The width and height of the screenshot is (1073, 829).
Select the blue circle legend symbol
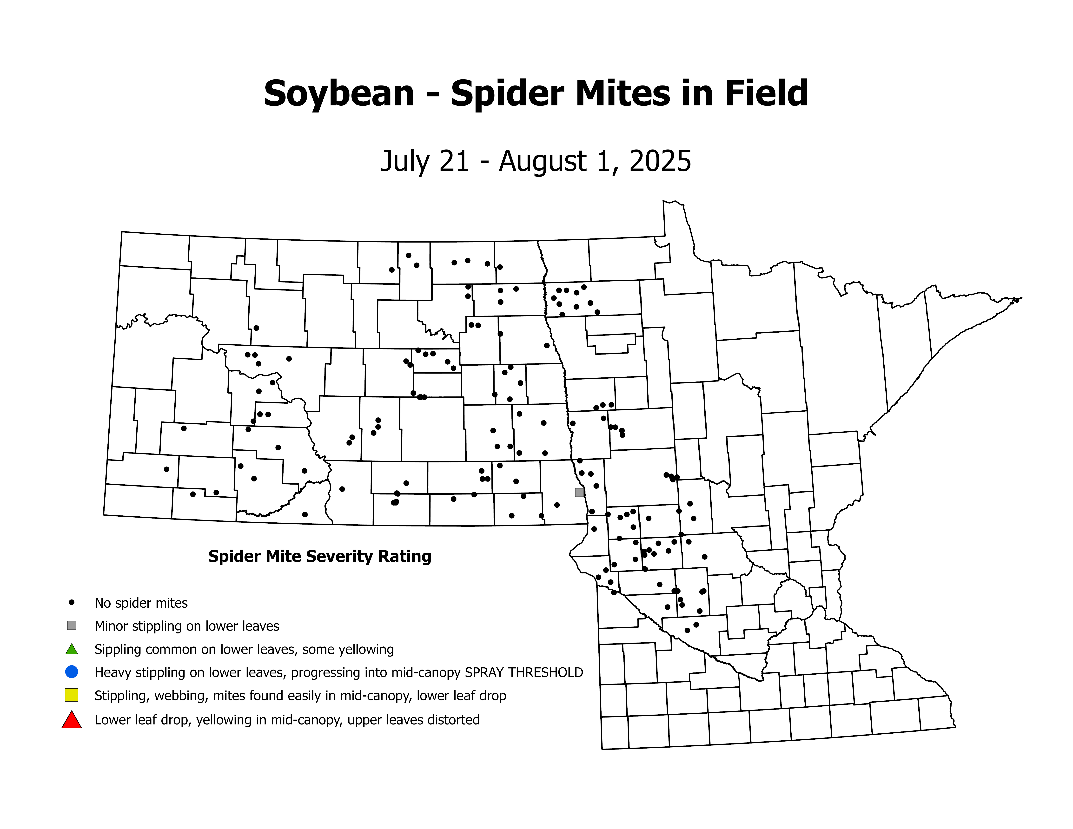[x=72, y=671]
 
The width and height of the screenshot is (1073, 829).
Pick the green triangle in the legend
[x=72, y=649]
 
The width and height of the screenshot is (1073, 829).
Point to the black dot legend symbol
[x=72, y=602]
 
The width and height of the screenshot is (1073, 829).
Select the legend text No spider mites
[x=141, y=603]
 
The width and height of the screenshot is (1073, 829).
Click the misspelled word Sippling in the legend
[x=117, y=650]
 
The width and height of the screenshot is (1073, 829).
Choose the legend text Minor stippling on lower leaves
[x=187, y=626]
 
